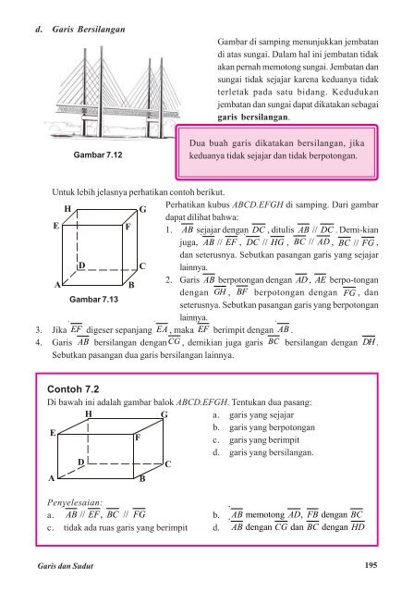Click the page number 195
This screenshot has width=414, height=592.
(371, 565)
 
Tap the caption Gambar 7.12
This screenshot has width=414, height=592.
(98, 154)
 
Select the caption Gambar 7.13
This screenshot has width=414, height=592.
(93, 300)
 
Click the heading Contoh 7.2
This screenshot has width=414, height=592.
(73, 389)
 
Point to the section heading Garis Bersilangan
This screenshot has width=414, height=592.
(89, 30)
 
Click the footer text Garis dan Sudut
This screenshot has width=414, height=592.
(66, 565)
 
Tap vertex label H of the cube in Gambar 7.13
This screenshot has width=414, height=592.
(67, 209)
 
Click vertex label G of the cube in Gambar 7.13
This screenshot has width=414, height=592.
(142, 209)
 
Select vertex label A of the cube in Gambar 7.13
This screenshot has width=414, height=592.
(57, 285)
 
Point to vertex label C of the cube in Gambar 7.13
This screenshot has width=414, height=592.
(142, 266)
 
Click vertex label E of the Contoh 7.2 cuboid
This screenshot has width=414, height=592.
(53, 433)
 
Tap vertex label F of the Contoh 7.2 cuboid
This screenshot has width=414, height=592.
(138, 438)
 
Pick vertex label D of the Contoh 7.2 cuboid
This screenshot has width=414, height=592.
(81, 462)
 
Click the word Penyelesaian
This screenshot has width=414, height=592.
(75, 503)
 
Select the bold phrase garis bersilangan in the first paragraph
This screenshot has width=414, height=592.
(253, 117)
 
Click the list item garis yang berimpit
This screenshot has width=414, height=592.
(264, 440)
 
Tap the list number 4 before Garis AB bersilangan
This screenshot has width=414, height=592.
(38, 343)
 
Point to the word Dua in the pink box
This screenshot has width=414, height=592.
(196, 143)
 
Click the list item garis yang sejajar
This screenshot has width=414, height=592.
(262, 415)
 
